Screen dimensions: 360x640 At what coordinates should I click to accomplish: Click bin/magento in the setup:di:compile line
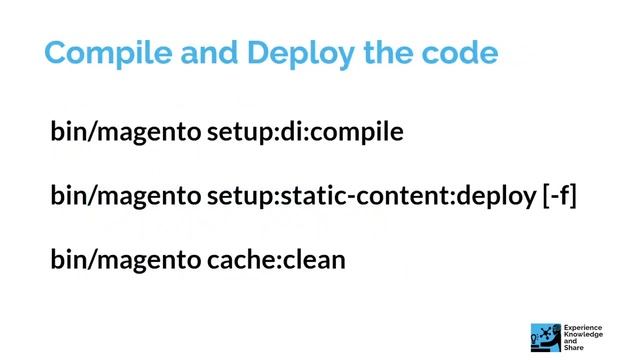pos(126,132)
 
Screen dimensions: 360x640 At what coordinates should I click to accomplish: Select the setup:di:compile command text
pos(305,132)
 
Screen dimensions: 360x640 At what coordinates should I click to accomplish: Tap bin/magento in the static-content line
pos(126,196)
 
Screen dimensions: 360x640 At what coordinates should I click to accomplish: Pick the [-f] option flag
pos(560,196)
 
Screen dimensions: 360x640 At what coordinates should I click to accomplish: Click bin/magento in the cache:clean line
pos(126,260)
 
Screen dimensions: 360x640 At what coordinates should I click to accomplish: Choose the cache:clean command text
pos(276,260)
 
